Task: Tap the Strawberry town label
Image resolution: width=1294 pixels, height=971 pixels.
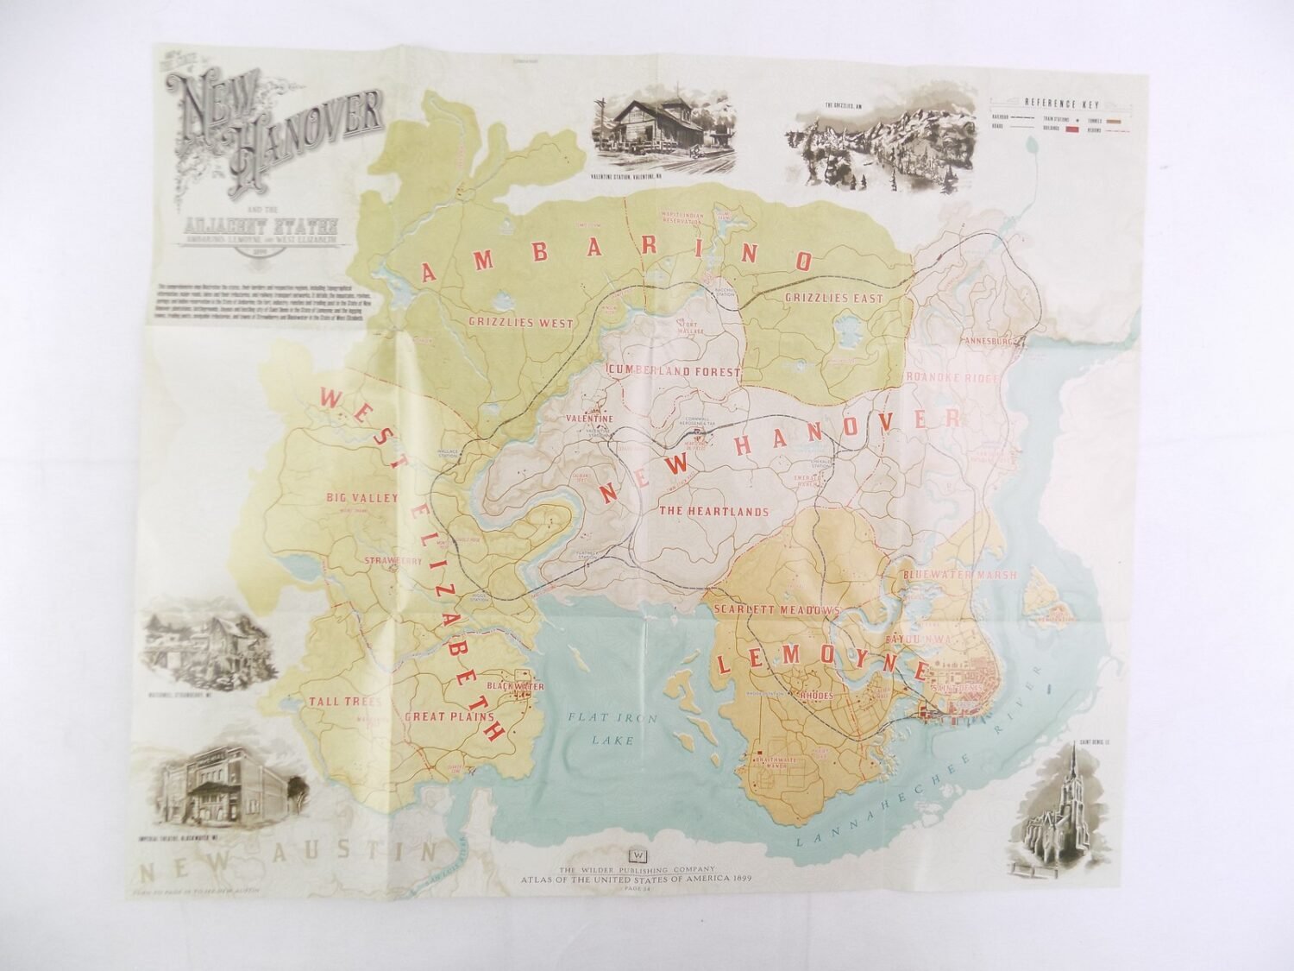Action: pos(393,560)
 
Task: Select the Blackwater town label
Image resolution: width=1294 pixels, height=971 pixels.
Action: pos(492,685)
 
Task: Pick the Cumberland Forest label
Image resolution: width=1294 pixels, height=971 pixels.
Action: pos(675,372)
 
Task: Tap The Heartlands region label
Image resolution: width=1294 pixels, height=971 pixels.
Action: pos(713,511)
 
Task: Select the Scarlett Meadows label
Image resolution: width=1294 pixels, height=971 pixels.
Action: pos(776,609)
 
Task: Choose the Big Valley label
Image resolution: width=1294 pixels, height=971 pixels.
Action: pos(361,498)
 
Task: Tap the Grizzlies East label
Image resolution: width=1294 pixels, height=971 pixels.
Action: pos(834,299)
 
